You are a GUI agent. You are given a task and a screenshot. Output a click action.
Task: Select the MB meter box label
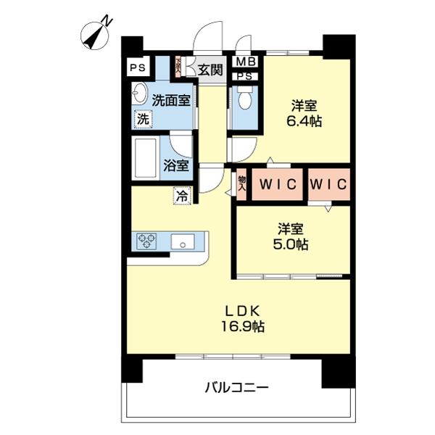pos(244,62)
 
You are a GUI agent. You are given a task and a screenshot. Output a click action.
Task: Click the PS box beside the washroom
pos(137,69)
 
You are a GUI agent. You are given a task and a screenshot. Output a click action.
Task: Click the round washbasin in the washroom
pos(139,94)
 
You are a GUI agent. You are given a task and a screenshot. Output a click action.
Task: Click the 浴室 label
pos(176,165)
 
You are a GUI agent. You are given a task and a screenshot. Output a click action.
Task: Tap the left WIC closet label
pos(275,185)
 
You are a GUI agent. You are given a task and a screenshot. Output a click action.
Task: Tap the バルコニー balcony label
pos(236,388)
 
